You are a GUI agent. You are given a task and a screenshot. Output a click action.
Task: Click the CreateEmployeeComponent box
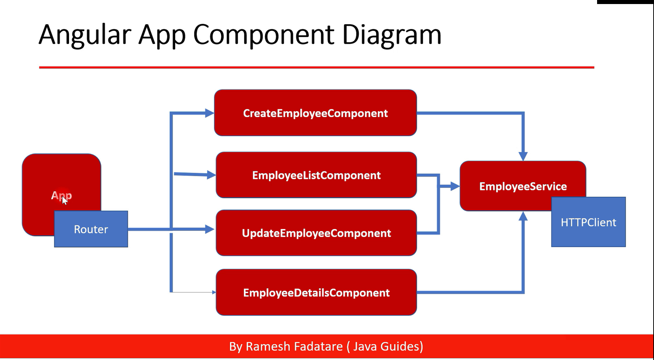coord(315,113)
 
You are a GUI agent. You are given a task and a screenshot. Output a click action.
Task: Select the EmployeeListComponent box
coord(316,175)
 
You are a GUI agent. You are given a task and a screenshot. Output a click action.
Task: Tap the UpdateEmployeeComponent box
coord(316,233)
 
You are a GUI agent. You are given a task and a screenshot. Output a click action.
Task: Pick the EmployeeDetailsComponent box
coord(316,292)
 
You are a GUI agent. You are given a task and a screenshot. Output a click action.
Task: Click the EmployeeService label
coord(523,186)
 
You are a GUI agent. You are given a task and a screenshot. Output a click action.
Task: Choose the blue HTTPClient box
coord(588,222)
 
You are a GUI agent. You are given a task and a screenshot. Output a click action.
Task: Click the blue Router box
coord(91,229)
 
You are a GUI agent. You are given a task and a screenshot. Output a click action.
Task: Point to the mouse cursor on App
coord(65,200)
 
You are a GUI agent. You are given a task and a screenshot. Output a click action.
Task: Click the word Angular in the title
coord(85,35)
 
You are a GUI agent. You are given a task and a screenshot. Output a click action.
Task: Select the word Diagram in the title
coord(391,35)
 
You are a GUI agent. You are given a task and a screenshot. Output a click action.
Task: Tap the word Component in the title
coord(263,35)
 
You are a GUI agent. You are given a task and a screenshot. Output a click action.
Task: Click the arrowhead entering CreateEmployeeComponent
coord(210,113)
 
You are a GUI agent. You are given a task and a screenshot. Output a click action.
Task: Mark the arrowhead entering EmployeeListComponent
coord(212,175)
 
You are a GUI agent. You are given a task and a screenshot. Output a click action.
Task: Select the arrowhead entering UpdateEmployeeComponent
coord(210,229)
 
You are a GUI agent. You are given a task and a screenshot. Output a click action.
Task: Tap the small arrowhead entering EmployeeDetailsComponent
coord(214,292)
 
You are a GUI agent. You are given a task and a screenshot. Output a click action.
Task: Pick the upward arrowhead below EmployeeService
coord(523,216)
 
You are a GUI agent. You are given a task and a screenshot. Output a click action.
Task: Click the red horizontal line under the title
coord(316,68)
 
